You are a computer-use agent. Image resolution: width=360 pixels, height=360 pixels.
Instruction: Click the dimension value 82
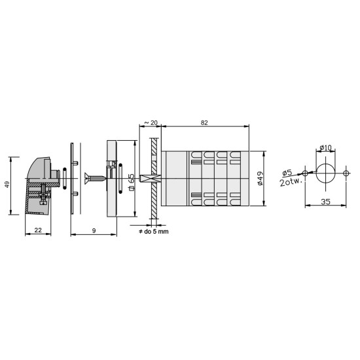coord(204,123)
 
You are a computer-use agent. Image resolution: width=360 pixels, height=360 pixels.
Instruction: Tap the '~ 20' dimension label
coord(151,123)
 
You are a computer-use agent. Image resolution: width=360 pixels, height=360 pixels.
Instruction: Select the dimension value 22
coord(38,230)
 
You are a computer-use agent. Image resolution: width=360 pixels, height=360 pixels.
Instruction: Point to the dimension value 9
coord(94,230)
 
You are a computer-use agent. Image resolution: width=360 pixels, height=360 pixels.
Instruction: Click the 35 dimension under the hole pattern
coord(325,202)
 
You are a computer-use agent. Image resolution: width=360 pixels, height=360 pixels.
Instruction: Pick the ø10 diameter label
coord(325,148)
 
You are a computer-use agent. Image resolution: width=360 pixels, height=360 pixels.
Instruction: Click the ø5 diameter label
coord(287,173)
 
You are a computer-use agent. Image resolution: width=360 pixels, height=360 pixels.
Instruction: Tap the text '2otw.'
coord(291,181)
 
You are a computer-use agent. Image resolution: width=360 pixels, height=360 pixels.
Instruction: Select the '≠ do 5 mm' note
coord(154,232)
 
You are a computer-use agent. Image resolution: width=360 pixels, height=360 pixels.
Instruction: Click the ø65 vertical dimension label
coord(132,182)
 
